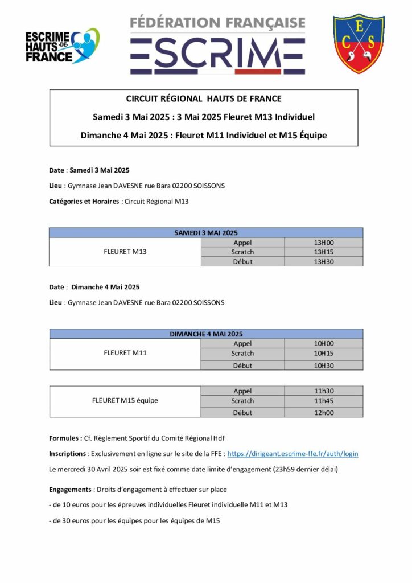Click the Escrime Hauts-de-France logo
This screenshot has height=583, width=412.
[61, 46]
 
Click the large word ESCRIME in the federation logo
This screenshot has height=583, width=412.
[217, 56]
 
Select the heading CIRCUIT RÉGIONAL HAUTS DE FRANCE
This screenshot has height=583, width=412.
[204, 98]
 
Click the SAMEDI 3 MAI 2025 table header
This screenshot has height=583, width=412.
[205, 233]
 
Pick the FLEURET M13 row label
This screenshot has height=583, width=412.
[125, 252]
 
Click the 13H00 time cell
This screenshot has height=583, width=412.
[323, 243]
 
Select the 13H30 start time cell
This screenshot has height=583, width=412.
[323, 261]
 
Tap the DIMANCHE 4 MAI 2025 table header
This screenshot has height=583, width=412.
[205, 334]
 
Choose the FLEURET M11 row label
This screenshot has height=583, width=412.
[125, 353]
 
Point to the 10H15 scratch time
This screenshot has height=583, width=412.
[323, 353]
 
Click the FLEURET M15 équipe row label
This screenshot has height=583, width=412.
[125, 400]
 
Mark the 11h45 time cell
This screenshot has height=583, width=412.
[323, 400]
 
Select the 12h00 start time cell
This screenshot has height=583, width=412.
[323, 413]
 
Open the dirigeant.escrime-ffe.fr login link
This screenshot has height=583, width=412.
[292, 454]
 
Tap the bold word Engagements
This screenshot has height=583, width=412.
[70, 490]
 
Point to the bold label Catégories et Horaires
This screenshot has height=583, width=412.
[83, 201]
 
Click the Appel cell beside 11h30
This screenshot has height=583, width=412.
[242, 391]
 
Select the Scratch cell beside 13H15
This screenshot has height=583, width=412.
[242, 252]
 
